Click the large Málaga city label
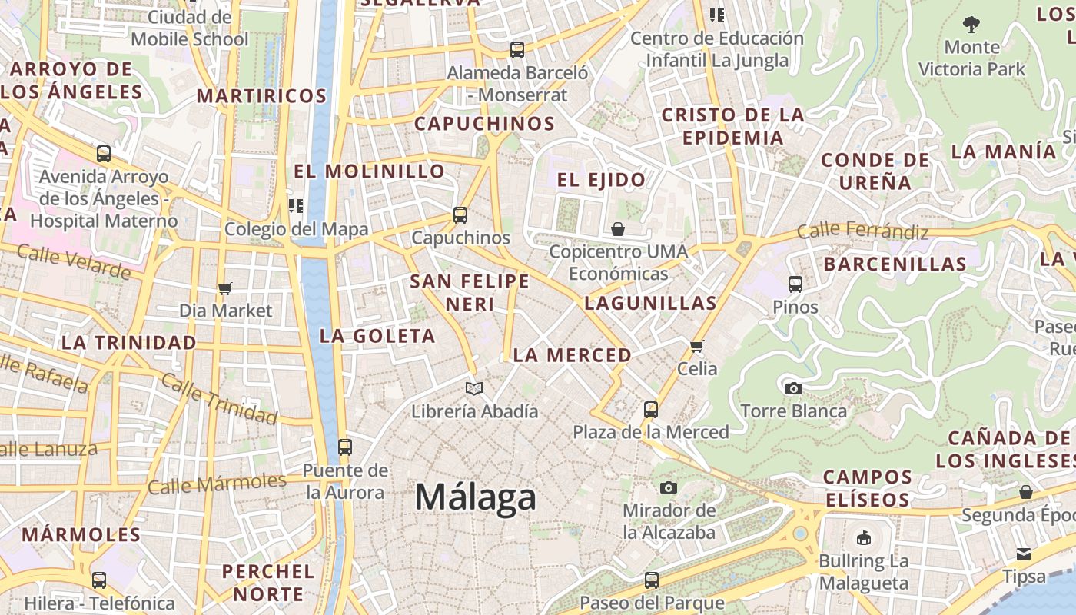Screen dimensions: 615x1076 click(475, 497)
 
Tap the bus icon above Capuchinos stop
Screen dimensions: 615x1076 click(460, 215)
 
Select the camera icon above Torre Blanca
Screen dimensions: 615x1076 click(794, 388)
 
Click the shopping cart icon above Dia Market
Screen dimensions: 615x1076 click(225, 289)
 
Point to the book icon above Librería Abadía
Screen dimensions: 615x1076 click(474, 388)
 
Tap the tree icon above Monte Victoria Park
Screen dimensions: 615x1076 click(971, 25)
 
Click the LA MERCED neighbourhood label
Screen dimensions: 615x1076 click(572, 355)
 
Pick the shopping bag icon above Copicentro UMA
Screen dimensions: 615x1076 click(618, 229)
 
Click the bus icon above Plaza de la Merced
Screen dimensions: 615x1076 click(651, 409)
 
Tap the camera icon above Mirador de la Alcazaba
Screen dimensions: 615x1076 click(669, 487)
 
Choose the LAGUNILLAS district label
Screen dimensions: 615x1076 click(650, 303)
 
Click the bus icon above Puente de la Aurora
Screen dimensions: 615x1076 click(345, 447)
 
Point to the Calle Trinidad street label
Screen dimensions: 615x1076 click(219, 401)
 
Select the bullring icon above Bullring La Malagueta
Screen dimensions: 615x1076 click(864, 537)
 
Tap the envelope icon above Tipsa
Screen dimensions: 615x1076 click(1024, 553)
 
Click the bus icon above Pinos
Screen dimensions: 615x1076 click(795, 284)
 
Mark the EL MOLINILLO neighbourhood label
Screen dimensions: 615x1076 click(369, 171)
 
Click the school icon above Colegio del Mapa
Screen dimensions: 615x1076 click(296, 206)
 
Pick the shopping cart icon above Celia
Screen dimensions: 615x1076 click(697, 346)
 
